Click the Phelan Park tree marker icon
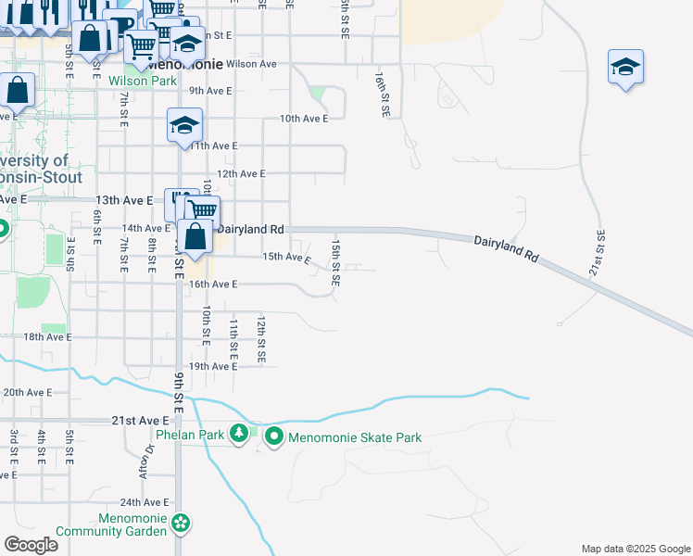pos(239,433)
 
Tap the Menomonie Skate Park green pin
pos(273,436)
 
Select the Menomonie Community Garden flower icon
pos(182,524)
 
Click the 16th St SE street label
pos(382,92)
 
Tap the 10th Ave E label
pos(304,119)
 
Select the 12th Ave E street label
pos(241,173)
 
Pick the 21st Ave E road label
pos(140,421)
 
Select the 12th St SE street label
pos(262,338)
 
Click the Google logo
pos(31,544)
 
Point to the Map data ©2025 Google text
pos(635,549)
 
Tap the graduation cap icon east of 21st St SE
pos(625,67)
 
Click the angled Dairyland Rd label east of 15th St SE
pos(507,251)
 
